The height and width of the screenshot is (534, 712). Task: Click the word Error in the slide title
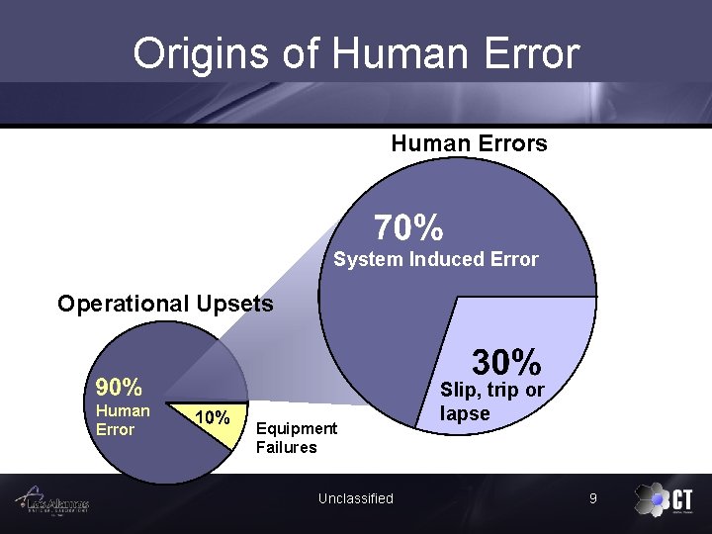(527, 53)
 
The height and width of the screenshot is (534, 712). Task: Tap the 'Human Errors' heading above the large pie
(469, 143)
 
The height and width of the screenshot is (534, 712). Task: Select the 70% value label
(408, 229)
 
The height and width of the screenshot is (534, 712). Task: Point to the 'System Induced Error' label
(436, 260)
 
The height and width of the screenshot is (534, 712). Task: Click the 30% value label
(506, 361)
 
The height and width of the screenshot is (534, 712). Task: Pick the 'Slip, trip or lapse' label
(491, 401)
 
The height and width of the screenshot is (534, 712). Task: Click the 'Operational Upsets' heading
(165, 304)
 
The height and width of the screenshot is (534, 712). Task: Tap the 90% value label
(119, 387)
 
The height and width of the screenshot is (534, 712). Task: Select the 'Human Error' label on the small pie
(123, 420)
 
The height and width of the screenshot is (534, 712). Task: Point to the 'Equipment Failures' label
(296, 438)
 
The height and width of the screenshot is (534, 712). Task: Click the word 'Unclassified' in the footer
(355, 498)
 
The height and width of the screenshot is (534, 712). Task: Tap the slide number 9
(592, 498)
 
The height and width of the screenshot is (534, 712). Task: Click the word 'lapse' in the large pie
(465, 413)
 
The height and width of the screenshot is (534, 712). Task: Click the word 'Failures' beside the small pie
(286, 447)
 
